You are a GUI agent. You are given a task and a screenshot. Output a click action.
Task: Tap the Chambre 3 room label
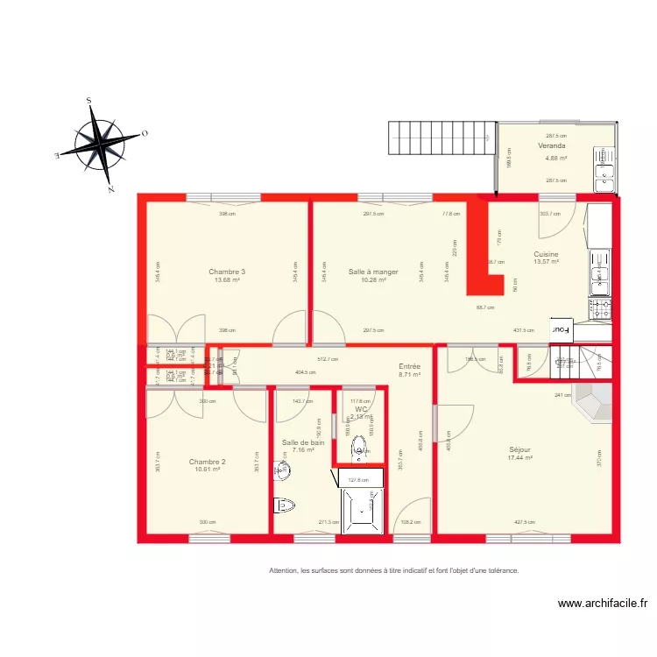(227, 272)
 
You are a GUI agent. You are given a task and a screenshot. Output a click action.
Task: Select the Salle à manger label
(373, 272)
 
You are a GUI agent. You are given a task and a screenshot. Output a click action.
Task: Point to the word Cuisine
(546, 254)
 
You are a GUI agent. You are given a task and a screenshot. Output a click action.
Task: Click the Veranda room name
(552, 146)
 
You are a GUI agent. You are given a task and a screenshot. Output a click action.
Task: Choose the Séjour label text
(520, 450)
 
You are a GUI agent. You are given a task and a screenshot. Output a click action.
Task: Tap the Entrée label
(409, 366)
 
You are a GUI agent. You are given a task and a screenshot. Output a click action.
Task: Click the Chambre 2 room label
(208, 461)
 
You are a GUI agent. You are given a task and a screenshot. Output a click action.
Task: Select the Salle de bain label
(303, 442)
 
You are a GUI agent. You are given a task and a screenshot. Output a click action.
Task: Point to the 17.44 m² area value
(520, 458)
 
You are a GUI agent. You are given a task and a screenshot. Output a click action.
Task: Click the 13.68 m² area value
(227, 280)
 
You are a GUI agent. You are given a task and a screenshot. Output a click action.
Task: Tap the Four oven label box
(560, 330)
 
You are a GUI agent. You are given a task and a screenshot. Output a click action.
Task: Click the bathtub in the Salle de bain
(362, 509)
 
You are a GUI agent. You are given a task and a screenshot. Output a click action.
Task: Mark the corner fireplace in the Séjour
(592, 402)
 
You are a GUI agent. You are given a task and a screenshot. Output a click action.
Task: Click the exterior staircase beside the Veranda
(434, 138)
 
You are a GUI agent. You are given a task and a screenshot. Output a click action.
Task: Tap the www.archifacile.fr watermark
(604, 604)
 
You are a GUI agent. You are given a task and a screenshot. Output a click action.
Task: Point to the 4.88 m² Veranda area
(555, 159)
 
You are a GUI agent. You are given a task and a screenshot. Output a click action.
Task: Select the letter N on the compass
(111, 188)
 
